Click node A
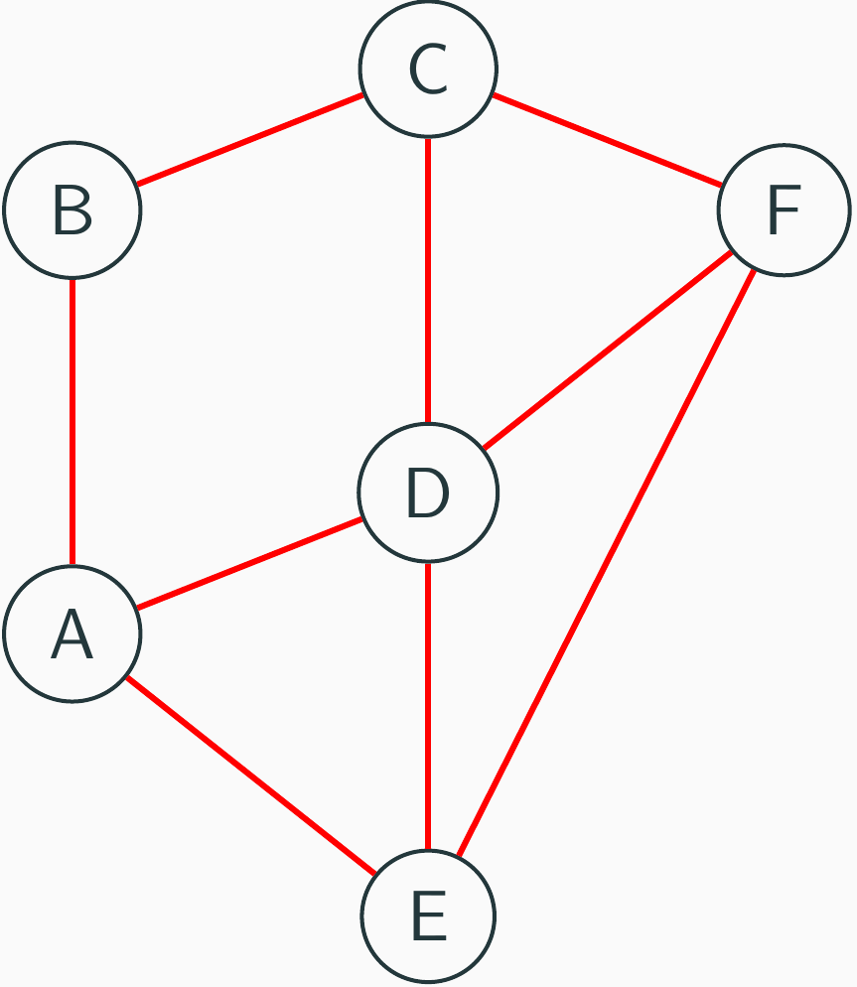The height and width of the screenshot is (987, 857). (72, 634)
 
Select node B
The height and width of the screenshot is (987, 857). (72, 210)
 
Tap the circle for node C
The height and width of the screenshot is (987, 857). (428, 68)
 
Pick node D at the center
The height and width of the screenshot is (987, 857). (428, 492)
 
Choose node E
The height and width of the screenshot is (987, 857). (428, 916)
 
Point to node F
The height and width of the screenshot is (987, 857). (784, 210)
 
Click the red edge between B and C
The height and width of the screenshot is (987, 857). (250, 140)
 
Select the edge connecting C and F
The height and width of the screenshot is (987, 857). (607, 140)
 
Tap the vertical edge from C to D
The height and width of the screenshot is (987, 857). (428, 280)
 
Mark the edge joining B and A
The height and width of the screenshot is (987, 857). (72, 422)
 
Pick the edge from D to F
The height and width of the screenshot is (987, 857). (607, 350)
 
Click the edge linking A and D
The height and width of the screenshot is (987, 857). (249, 563)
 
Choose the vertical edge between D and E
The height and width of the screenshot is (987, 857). (428, 705)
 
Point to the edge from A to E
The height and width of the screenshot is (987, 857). (251, 775)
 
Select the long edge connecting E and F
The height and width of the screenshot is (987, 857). (606, 563)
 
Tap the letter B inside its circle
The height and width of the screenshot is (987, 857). (72, 210)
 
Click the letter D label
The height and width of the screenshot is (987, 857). (428, 493)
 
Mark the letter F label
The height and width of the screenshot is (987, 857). (784, 210)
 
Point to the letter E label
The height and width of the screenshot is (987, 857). (429, 916)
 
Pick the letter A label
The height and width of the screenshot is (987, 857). (72, 634)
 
